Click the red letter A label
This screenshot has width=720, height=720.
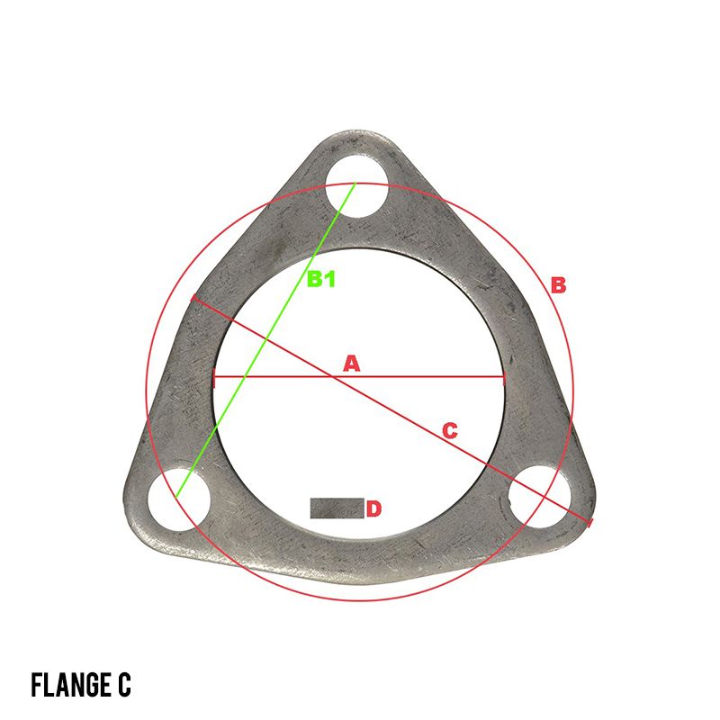point(352,364)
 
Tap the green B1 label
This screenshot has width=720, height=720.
point(321,279)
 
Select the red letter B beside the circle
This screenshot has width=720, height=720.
point(558,284)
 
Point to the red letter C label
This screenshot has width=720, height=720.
point(450,431)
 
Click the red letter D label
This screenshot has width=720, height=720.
point(374,508)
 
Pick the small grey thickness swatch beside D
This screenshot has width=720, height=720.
point(337,508)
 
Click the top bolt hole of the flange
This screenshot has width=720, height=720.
point(357,186)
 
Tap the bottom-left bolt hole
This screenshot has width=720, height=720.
point(178,499)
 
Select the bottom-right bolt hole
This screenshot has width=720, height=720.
point(541,497)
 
